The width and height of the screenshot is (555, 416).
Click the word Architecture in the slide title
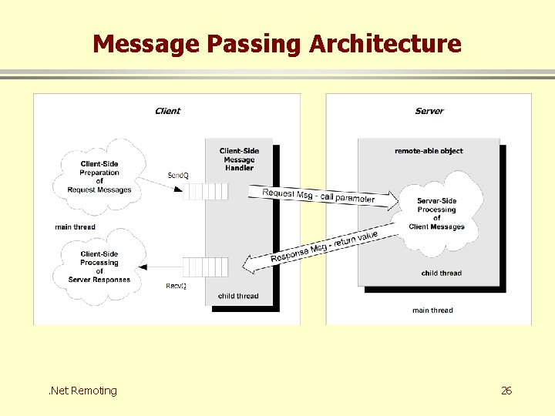coord(385,43)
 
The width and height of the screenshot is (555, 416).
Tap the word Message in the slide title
coord(146,43)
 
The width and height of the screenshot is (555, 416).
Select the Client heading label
coord(167,111)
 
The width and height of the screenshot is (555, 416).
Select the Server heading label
coord(429,111)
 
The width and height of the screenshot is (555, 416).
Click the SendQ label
coord(177,176)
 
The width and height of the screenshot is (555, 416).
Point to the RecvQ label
coord(177,286)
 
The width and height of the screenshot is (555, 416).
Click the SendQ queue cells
coord(206,190)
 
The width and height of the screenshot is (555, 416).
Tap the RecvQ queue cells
coord(206,267)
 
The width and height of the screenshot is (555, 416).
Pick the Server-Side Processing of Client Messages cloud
coord(437,213)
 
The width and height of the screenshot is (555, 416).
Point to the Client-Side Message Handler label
coord(239,159)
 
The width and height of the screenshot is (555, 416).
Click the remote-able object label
coord(429,151)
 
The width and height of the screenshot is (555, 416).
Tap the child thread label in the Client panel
coord(238,296)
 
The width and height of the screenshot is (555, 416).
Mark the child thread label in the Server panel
coord(441,273)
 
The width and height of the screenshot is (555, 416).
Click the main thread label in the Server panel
coord(432,310)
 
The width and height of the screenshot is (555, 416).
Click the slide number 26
coord(506,391)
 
